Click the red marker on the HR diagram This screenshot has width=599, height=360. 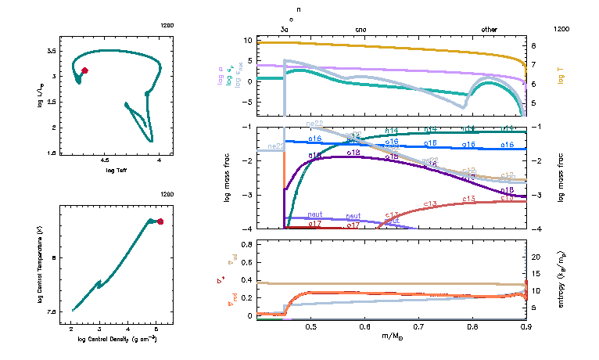(x=84, y=70)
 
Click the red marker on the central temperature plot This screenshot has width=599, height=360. (x=160, y=221)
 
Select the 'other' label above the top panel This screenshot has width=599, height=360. (x=489, y=29)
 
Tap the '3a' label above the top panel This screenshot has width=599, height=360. (x=285, y=29)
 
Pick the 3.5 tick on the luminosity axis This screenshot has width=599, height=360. (x=51, y=50)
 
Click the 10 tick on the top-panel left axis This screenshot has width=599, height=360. (x=269, y=40)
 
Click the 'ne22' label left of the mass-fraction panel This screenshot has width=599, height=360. (x=275, y=146)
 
